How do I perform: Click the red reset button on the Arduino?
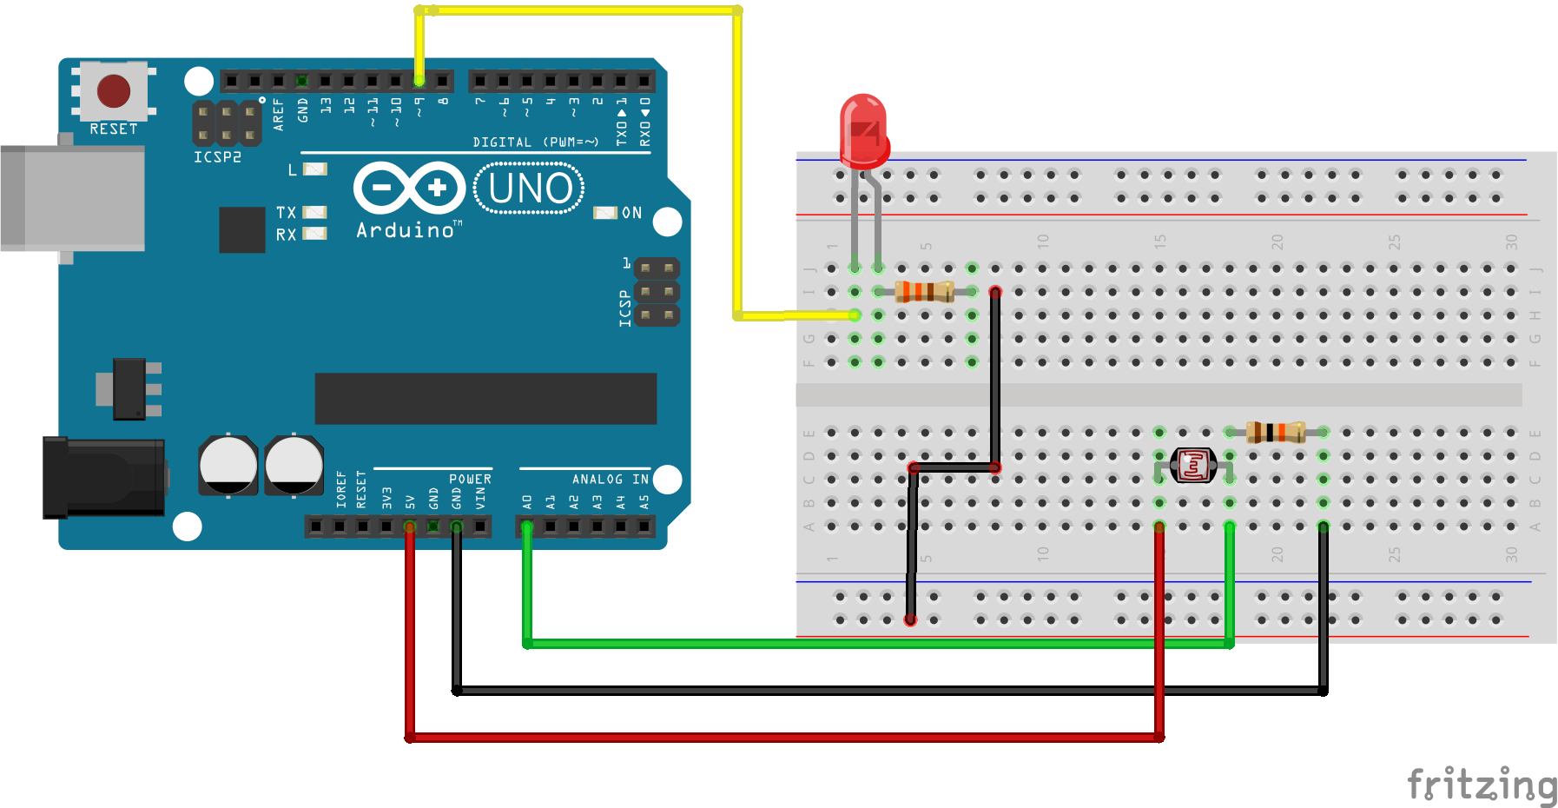click(114, 90)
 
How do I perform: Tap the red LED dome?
click(863, 130)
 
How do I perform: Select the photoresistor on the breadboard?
click(1193, 466)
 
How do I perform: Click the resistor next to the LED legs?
click(925, 291)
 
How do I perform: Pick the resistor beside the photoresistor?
click(1276, 432)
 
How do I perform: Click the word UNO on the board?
click(530, 189)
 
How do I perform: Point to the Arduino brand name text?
click(406, 230)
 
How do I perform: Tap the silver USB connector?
click(73, 198)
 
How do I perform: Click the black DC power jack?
click(104, 477)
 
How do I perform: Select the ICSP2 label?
click(217, 157)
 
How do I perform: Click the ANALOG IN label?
click(610, 480)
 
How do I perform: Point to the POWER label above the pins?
click(470, 480)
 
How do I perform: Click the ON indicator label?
click(631, 213)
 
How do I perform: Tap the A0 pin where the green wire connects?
click(526, 526)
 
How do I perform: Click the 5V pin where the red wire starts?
click(410, 526)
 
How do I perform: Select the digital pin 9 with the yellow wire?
click(419, 81)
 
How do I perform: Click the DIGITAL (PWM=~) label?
click(535, 142)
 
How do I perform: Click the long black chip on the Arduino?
click(485, 399)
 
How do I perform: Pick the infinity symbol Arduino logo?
click(409, 188)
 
